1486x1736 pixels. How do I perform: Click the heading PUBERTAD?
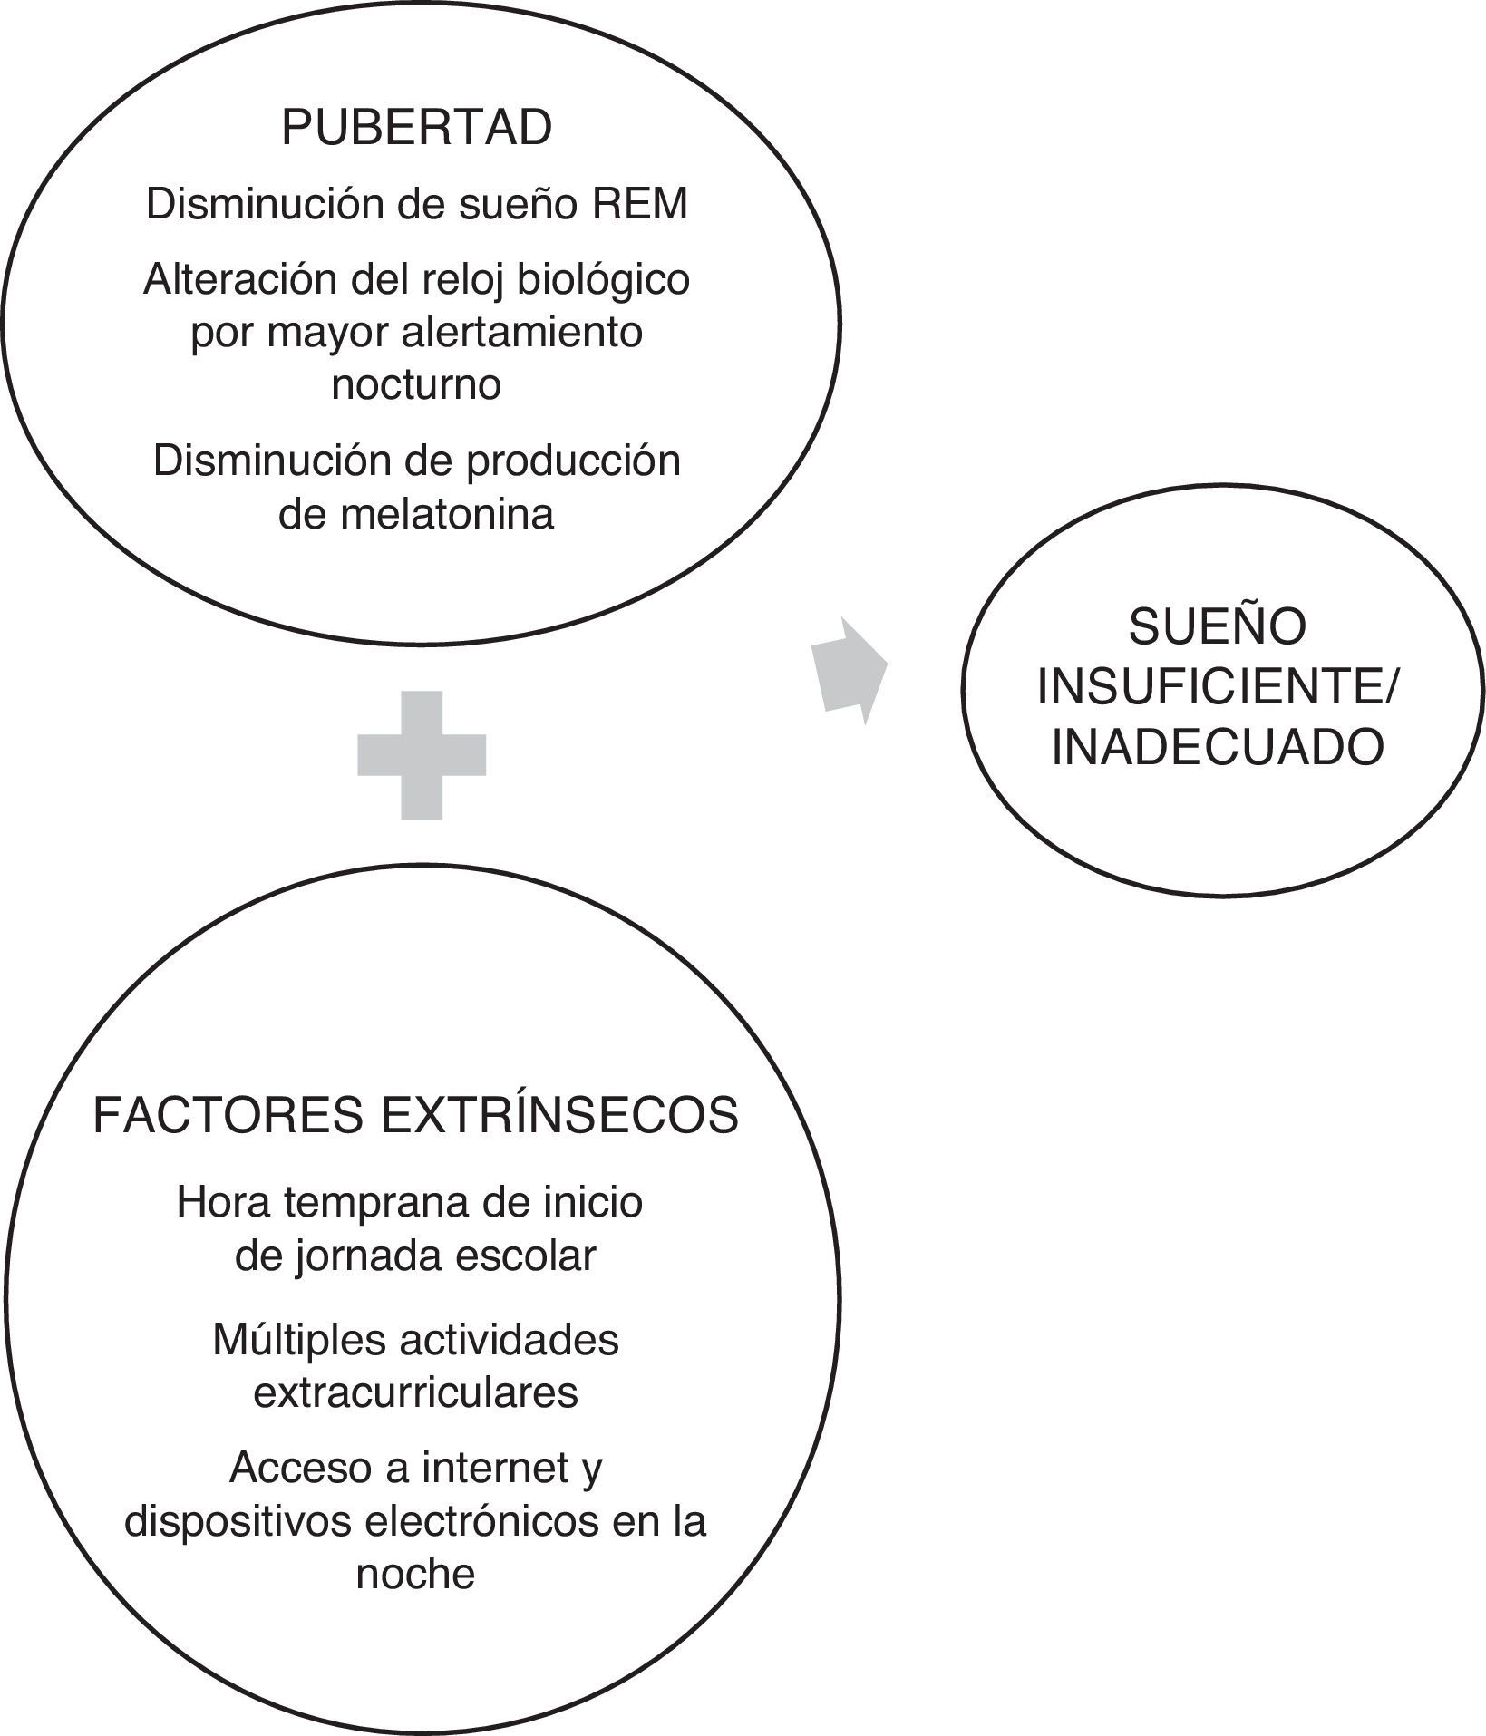tap(416, 128)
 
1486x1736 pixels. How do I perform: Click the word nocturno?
tap(416, 384)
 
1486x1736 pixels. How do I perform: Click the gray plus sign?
tap(422, 755)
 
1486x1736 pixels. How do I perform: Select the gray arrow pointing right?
tap(850, 671)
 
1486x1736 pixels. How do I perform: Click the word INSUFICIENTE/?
tap(1218, 688)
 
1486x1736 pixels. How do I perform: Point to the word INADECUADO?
tap(1218, 749)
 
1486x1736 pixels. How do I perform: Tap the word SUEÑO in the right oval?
tap(1218, 627)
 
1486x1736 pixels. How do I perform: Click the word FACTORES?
tap(228, 1116)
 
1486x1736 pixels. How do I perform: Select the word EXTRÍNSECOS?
tap(560, 1116)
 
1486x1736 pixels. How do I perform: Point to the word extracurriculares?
tap(416, 1392)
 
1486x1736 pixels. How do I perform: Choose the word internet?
tap(492, 1469)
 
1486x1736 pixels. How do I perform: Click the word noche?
tap(416, 1574)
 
